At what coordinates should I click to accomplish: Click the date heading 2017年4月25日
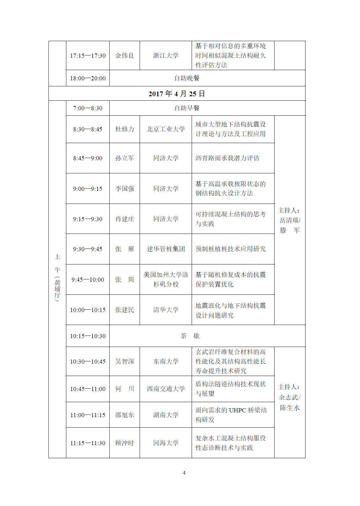177,94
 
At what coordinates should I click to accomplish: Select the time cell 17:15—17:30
88,55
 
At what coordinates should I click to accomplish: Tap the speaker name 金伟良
125,55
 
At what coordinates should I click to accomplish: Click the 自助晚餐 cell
187,78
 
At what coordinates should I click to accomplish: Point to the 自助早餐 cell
187,108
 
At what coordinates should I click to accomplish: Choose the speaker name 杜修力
125,129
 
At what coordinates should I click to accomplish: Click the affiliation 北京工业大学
166,129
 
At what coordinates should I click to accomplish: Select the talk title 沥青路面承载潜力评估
227,158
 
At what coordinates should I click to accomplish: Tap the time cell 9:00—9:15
88,189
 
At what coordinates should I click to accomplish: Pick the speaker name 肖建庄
125,219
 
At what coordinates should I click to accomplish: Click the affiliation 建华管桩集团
166,249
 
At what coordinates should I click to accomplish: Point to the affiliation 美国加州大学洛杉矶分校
166,279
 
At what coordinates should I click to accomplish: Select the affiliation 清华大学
166,310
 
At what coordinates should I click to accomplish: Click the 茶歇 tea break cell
190,336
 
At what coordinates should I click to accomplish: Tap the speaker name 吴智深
125,361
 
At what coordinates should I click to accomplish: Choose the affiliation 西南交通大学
166,389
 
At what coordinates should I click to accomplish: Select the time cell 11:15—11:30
88,443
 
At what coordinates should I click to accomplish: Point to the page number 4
184,473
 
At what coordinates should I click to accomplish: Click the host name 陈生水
290,408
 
